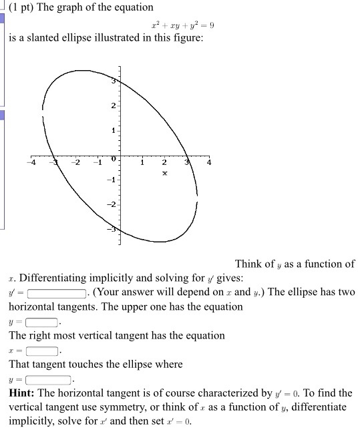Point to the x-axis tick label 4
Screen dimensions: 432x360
point(210,162)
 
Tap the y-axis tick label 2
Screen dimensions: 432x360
point(114,106)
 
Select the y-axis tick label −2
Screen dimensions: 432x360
point(112,204)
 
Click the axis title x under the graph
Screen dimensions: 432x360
point(164,173)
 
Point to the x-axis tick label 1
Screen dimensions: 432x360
point(142,162)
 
